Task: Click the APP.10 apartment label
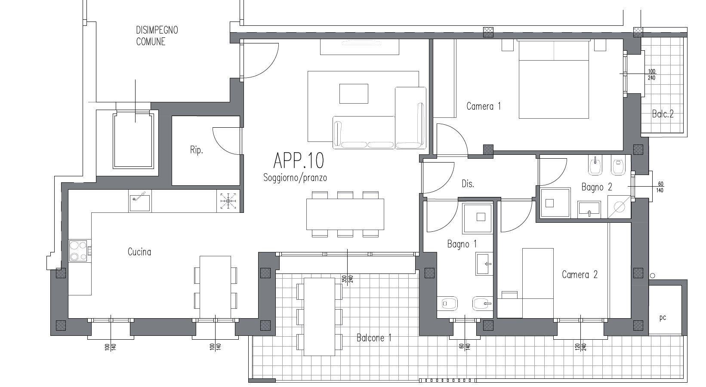coord(299,160)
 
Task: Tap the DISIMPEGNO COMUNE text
coord(157,36)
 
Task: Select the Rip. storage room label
coord(196,150)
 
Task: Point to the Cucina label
coord(139,252)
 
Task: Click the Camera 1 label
coord(484,106)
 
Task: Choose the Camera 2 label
coord(580,275)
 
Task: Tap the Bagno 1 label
coord(462,244)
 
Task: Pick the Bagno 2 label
coord(597,187)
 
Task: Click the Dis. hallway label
coord(468,184)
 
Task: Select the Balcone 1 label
coord(374,338)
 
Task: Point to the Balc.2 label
coord(663,114)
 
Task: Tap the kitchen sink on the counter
coord(140,200)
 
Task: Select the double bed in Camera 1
coord(554,80)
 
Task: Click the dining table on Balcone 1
coord(319,317)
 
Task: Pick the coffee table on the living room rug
coord(354,93)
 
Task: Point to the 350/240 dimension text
coord(347,279)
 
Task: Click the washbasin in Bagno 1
coord(484,264)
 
